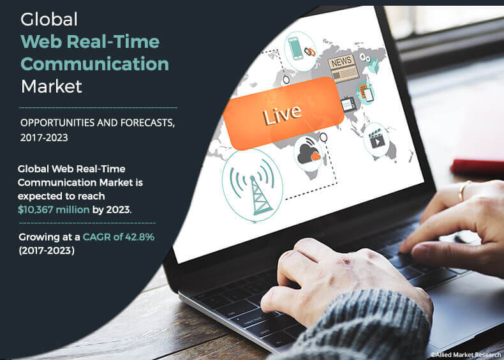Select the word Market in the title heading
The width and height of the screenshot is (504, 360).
(x=51, y=86)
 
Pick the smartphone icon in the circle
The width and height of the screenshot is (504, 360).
(x=296, y=48)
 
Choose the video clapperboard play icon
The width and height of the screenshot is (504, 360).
(x=376, y=140)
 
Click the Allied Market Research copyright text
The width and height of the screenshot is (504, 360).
(x=465, y=354)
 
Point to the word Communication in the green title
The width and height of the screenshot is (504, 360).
(x=95, y=64)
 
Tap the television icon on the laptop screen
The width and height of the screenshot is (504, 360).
(x=349, y=104)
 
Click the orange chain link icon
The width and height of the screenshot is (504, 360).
(x=309, y=50)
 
